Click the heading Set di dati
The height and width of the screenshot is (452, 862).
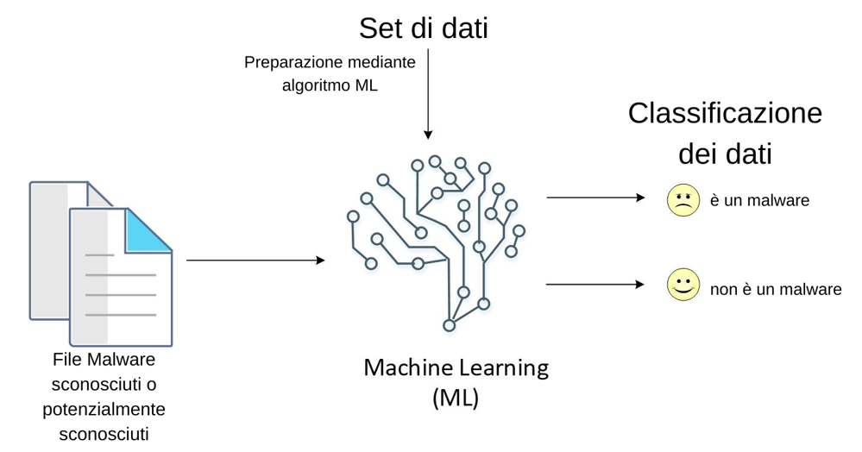pos(424,28)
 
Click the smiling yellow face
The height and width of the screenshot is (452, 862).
pos(683,286)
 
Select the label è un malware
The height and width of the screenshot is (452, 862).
pos(760,200)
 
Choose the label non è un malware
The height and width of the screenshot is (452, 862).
pos(775,290)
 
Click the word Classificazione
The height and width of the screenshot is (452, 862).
pos(725,113)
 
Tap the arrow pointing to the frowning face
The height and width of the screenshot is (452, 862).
pos(595,198)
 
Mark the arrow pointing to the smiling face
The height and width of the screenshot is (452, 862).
pos(595,284)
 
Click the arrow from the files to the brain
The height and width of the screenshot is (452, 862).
pos(255,260)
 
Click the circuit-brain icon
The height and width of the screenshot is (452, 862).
pos(437,242)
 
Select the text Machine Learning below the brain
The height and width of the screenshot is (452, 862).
pos(456,367)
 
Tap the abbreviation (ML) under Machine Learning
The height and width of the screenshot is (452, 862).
pos(455,399)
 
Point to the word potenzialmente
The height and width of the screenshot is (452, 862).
pos(104,408)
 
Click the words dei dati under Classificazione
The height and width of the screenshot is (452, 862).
pos(725,154)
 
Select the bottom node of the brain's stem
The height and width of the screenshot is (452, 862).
pos(449,325)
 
